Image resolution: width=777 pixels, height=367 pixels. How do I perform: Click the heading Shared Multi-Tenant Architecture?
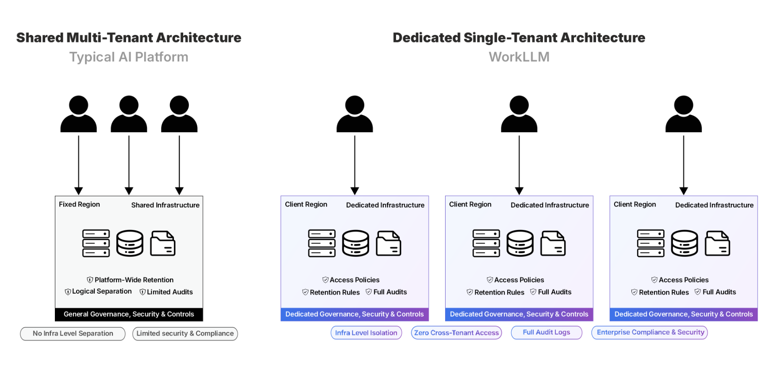[129, 38]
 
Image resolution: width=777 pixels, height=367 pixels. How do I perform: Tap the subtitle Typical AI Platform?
[129, 57]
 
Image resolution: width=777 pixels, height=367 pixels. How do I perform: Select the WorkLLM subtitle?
[519, 57]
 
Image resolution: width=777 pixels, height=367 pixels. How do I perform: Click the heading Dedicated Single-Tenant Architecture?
[519, 38]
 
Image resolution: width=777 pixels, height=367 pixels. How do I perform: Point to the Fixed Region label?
[79, 204]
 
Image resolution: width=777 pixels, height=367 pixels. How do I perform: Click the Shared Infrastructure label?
[165, 205]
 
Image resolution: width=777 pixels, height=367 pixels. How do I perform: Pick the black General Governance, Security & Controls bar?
[129, 314]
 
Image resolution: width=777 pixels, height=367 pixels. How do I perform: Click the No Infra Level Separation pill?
[73, 333]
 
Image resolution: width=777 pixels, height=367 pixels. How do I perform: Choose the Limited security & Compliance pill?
[185, 333]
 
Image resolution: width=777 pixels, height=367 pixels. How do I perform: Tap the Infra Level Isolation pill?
[366, 333]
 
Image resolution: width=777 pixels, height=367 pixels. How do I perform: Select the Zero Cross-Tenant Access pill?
[456, 333]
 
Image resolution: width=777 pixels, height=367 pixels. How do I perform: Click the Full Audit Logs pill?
[546, 332]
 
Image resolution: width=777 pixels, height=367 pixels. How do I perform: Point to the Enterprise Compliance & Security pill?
[650, 332]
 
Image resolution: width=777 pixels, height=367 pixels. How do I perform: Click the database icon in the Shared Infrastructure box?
[130, 243]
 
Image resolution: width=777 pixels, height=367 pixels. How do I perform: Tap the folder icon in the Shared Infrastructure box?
[163, 243]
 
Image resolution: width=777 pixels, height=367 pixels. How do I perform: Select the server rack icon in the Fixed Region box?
[96, 243]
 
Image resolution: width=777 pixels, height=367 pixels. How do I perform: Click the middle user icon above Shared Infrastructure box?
[129, 114]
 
